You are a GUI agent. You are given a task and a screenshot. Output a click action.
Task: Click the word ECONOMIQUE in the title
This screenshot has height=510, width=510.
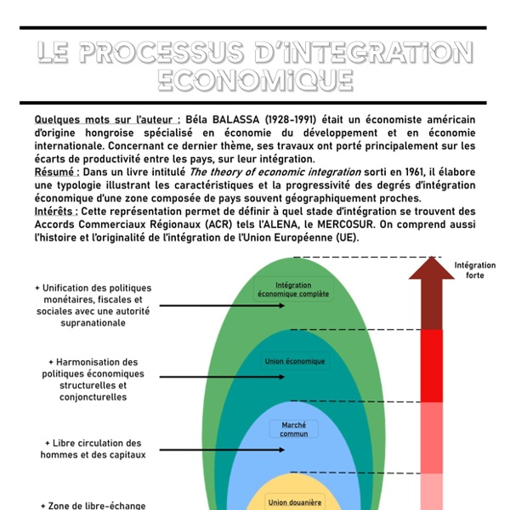[x=255, y=80]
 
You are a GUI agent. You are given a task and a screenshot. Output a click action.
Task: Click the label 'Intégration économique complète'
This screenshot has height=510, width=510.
[x=293, y=290]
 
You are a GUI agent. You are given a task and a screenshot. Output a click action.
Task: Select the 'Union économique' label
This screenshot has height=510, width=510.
[x=295, y=361]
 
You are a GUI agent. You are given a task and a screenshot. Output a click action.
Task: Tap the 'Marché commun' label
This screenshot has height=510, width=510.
[x=294, y=429]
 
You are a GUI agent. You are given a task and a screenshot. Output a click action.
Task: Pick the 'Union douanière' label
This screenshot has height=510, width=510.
[x=295, y=502]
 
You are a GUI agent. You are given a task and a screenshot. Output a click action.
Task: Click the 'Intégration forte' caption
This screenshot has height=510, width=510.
[x=475, y=271]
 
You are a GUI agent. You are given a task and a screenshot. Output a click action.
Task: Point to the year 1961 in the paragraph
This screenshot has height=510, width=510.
[x=355, y=171]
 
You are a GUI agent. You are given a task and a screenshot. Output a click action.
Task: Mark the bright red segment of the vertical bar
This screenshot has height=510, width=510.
[x=432, y=365]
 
